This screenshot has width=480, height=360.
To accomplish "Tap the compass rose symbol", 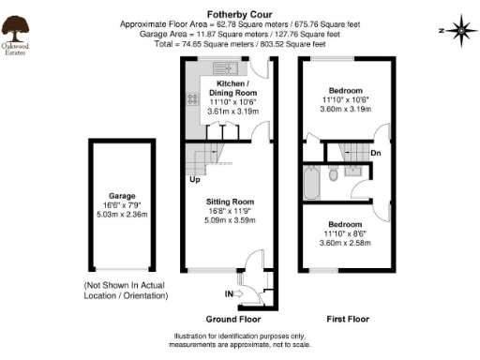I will [x=460, y=30].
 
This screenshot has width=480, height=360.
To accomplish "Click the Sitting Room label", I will [x=230, y=202].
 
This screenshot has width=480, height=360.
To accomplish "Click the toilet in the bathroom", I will [x=334, y=174].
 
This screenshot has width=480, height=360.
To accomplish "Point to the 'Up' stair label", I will [x=194, y=178].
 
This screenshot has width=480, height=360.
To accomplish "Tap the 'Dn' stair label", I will [x=375, y=152].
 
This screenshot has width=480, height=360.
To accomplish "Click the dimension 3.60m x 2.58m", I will [x=345, y=243].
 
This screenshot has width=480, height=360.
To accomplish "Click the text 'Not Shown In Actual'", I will [x=126, y=285].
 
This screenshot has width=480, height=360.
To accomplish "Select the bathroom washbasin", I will [x=354, y=172].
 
